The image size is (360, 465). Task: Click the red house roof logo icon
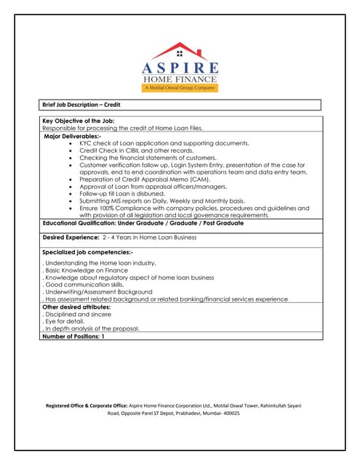pyautogui.click(x=180, y=50)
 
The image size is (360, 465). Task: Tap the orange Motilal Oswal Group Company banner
pyautogui.click(x=180, y=87)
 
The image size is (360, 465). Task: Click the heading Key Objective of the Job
pyautogui.click(x=79, y=121)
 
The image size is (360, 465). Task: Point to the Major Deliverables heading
pyautogui.click(x=73, y=136)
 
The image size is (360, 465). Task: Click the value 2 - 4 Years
pyautogui.click(x=119, y=238)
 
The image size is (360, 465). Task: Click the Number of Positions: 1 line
pyautogui.click(x=73, y=336)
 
